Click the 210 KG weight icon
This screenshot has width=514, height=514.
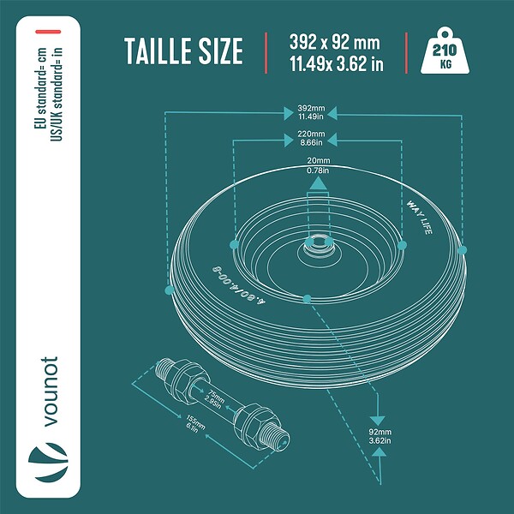(x=445, y=51)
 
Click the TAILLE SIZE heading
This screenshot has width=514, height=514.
(x=183, y=51)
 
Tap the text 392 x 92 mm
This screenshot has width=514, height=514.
(x=334, y=42)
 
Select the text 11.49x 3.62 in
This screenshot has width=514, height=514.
(x=337, y=63)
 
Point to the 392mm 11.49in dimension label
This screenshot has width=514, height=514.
(x=311, y=112)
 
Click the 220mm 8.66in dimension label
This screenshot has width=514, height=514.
(x=311, y=138)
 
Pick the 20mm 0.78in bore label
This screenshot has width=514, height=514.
(x=319, y=165)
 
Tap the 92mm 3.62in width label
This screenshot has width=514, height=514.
(x=380, y=436)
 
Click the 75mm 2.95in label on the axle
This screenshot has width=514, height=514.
(x=214, y=399)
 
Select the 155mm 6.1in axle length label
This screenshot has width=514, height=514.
(x=194, y=423)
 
